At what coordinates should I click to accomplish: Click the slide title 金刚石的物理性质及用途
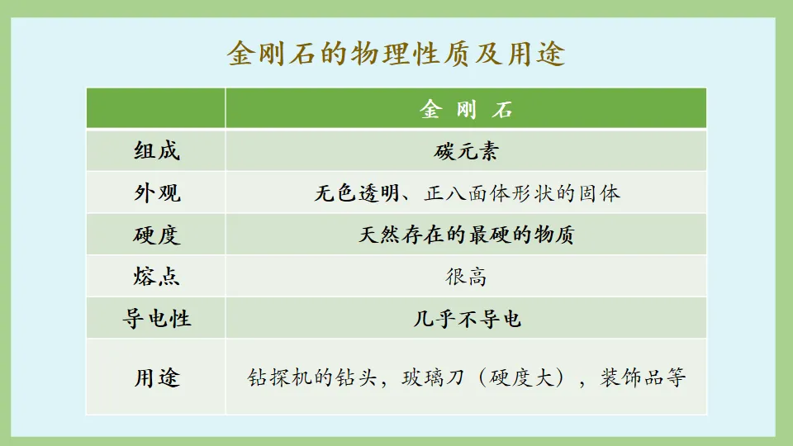coord(396,54)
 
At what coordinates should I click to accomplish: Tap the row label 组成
coord(156,151)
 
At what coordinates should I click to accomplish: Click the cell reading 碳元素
coord(466,151)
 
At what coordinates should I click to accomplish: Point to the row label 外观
coord(156,193)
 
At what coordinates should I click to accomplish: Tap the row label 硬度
coord(156,235)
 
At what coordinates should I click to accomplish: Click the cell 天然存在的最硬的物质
coord(466,235)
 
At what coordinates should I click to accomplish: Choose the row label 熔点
coord(156,277)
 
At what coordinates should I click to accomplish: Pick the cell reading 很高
coord(466,277)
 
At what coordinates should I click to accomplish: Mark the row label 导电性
coord(156,318)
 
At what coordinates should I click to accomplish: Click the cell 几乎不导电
coord(466,318)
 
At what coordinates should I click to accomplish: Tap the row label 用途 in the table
coord(156,377)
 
